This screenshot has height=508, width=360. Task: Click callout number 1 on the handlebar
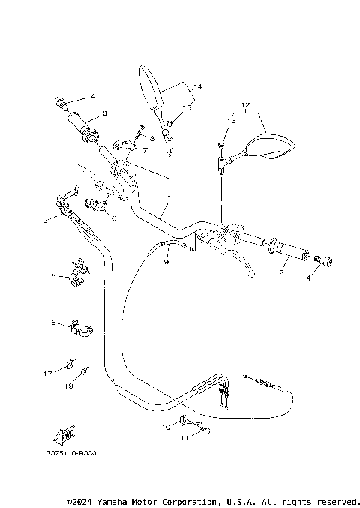click(169, 197)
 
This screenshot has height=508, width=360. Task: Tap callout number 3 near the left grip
click(104, 113)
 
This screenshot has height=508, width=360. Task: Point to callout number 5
click(45, 220)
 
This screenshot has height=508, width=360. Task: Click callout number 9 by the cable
click(166, 261)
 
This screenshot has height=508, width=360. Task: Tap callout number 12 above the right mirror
click(244, 104)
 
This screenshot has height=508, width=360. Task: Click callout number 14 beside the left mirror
click(197, 87)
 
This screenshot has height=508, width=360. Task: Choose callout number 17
click(46, 371)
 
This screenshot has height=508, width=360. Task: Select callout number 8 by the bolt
click(151, 138)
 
